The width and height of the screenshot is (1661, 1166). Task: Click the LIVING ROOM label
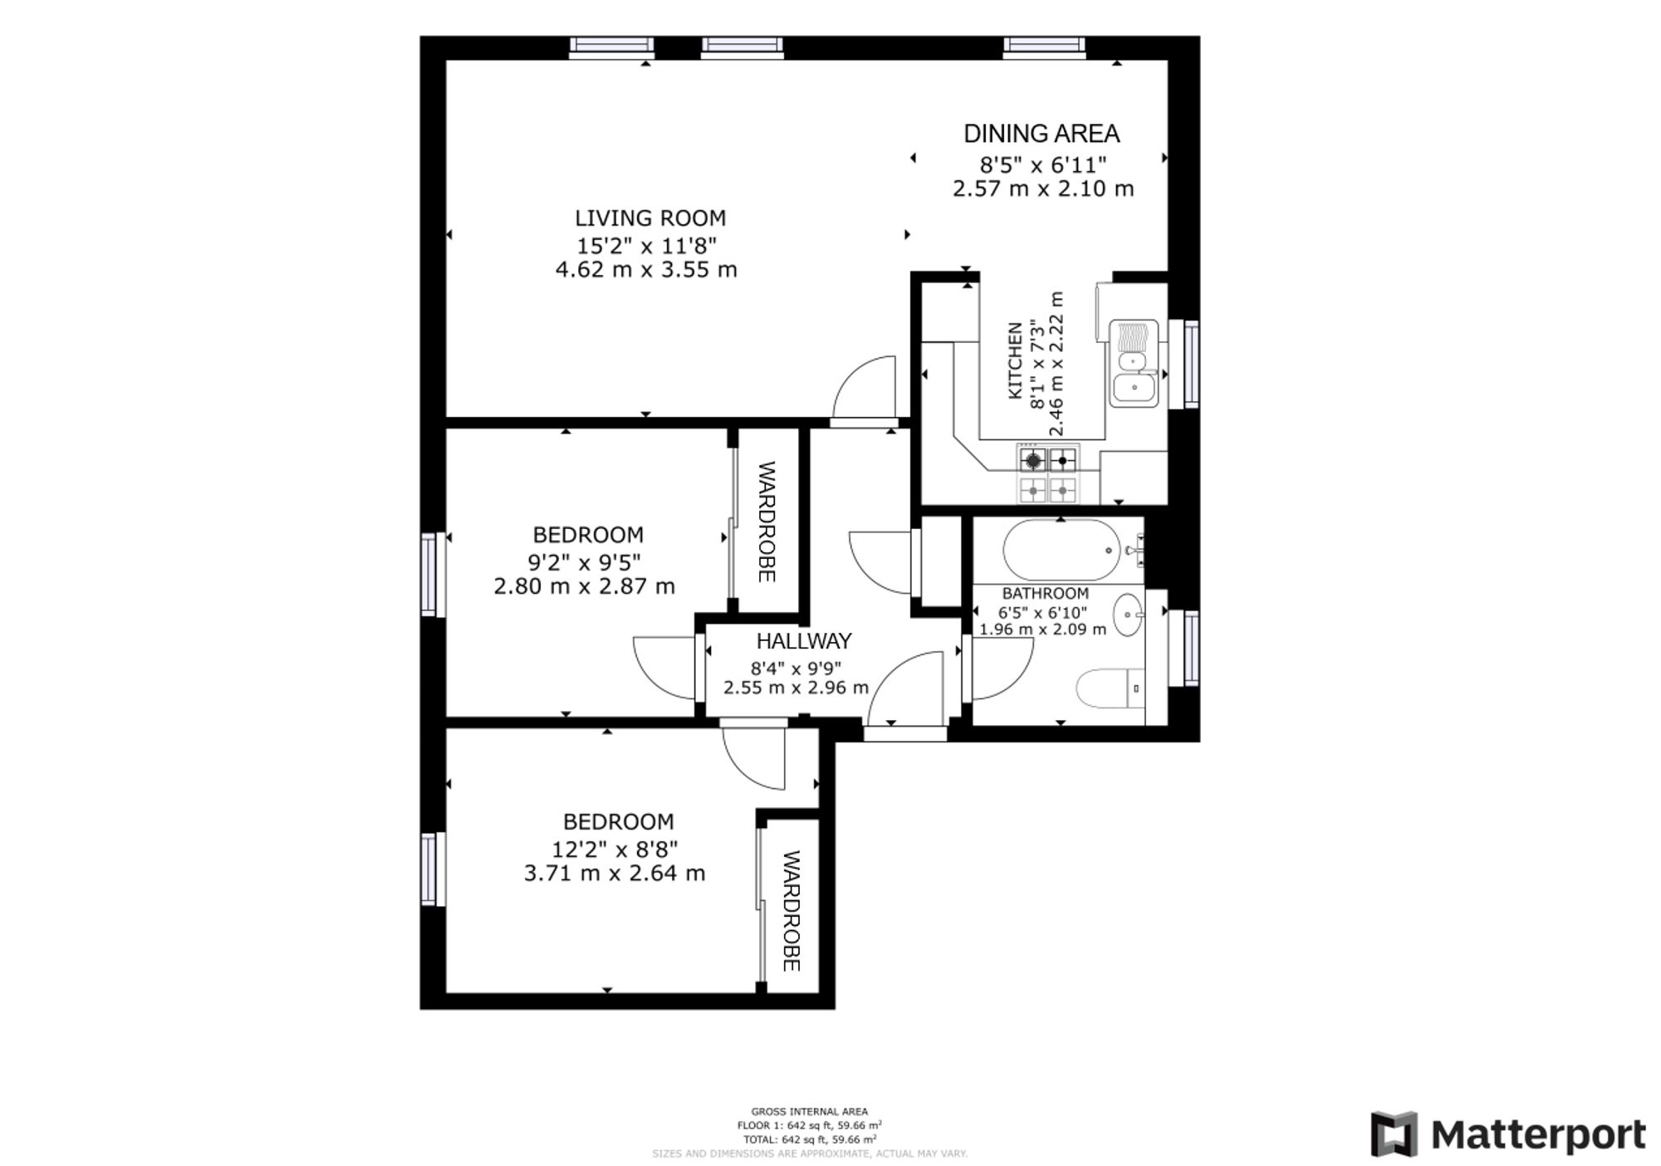coord(650,218)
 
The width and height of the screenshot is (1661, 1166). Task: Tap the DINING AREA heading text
coord(1041,134)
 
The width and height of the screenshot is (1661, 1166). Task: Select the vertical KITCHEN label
coord(1015,360)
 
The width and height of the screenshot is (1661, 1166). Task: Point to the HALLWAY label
coord(804,641)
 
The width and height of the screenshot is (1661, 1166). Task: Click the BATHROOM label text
coord(1045,594)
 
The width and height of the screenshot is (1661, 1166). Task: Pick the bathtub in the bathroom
coord(1062,550)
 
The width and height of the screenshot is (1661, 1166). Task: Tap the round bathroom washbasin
coord(1129,615)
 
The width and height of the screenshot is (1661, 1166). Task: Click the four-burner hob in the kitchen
coord(1048,473)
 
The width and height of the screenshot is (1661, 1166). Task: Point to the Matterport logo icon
coord(1394,1134)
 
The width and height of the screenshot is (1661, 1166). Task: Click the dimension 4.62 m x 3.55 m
coord(646,270)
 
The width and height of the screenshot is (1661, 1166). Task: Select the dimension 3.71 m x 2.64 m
coord(615,874)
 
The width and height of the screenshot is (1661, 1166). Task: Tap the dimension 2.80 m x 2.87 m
coord(585,586)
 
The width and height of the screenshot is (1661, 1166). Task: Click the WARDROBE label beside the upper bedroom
coord(767,522)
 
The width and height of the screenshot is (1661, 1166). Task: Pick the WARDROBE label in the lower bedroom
coord(791,910)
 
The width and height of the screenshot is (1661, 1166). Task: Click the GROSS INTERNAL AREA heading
coord(810,1111)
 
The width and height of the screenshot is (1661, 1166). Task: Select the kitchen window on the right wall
coord(1191,364)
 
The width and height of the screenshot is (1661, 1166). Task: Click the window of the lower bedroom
coord(429,869)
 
